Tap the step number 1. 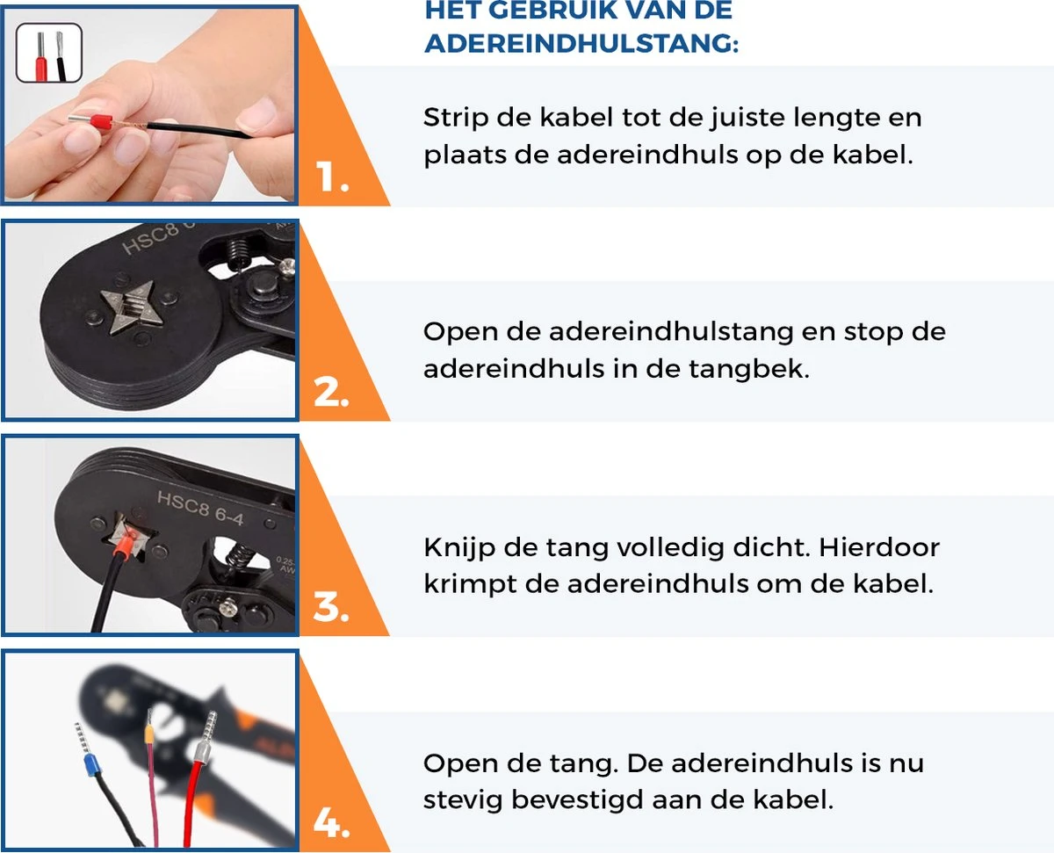(331, 177)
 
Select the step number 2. (331, 393)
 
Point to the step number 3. (331, 607)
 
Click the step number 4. (331, 823)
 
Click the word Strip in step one (455, 119)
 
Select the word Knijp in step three (459, 547)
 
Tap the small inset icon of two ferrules (49, 53)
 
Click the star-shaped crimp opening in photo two (132, 308)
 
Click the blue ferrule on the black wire (91, 765)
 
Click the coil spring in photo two (239, 253)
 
